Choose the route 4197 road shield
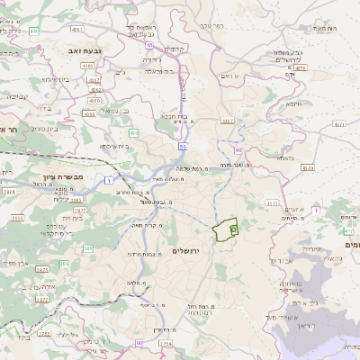228,120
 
